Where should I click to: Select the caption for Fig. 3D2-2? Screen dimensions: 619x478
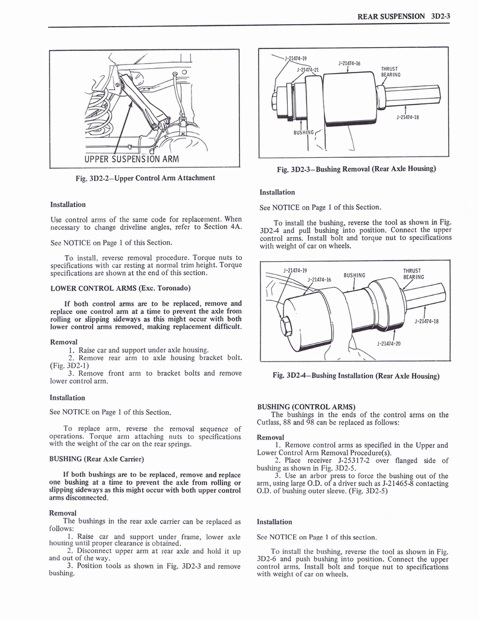[x=142, y=178]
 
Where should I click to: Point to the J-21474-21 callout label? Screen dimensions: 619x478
[x=307, y=70]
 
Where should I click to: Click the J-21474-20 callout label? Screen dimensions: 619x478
[x=389, y=343]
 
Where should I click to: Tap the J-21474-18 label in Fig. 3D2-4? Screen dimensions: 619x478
[x=427, y=321]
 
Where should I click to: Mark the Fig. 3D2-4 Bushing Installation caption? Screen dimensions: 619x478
[x=356, y=375]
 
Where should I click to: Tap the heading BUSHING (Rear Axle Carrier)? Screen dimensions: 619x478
[x=96, y=458]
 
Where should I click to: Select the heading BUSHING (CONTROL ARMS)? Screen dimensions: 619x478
[x=306, y=406]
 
